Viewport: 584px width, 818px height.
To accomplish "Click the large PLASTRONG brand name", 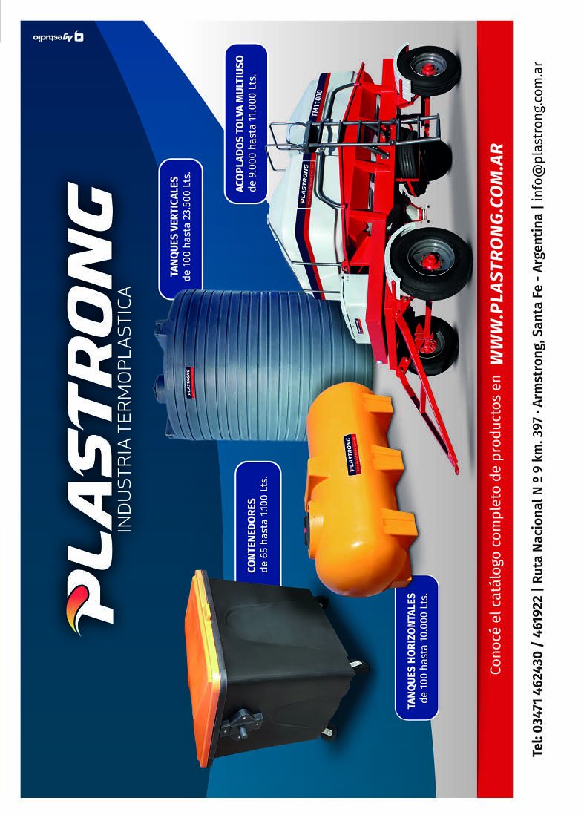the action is (x=88, y=402).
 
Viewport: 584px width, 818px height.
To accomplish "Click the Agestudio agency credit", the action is (x=57, y=37).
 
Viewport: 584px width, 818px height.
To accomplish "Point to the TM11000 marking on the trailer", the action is (x=316, y=104).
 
